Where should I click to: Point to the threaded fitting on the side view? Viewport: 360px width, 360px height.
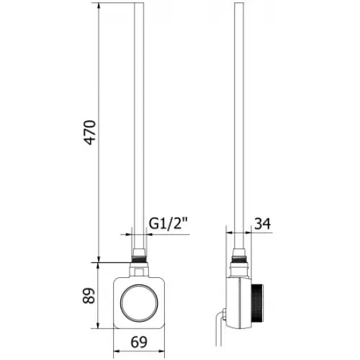[239, 254]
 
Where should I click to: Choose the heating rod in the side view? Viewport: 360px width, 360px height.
[239, 130]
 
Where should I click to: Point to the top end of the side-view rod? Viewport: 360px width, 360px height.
[239, 6]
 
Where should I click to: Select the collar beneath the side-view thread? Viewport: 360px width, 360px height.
[238, 269]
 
